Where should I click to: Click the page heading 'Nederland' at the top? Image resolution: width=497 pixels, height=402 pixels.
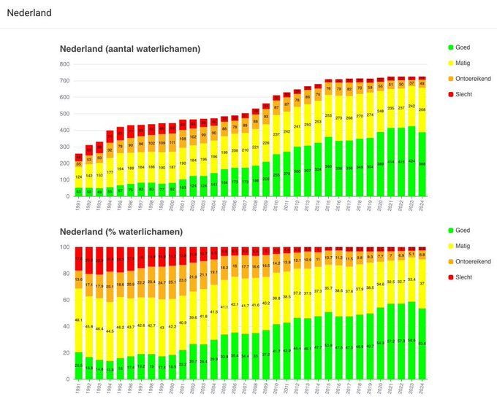(29, 13)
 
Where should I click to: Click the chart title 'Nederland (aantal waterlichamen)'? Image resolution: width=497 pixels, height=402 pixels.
(130, 49)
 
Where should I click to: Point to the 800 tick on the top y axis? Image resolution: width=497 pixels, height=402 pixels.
(64, 64)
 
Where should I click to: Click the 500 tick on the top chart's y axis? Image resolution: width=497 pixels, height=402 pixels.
(64, 114)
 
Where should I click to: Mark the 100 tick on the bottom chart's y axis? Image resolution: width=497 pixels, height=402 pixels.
(64, 247)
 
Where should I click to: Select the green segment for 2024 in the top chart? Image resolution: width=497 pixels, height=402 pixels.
(422, 164)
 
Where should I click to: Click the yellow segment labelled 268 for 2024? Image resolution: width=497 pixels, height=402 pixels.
(422, 110)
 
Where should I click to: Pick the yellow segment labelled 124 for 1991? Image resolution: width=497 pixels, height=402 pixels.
(78, 177)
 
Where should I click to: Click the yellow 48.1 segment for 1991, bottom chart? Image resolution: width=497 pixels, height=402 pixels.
(78, 320)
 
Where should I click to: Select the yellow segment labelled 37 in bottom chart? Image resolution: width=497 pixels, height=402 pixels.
(422, 283)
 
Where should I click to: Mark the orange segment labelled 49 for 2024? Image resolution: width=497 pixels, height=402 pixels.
(422, 84)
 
